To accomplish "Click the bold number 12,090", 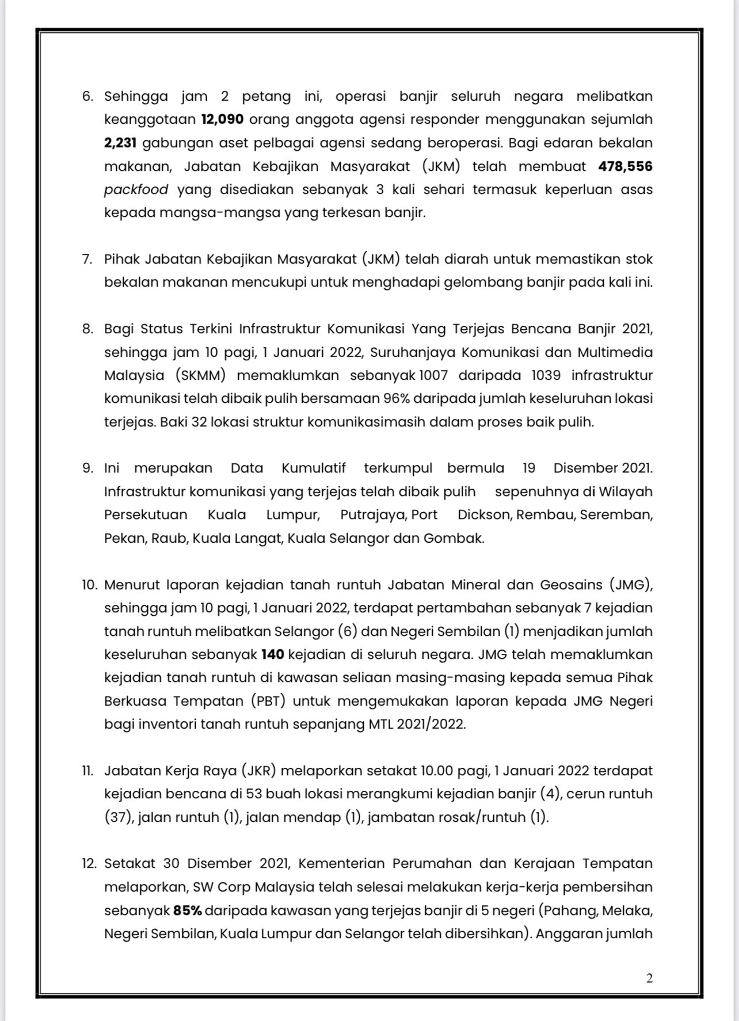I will point(222,120).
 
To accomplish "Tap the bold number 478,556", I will point(625,166).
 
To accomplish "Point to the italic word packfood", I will point(136,189).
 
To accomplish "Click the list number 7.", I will point(86,259).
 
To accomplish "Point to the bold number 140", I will point(272,654).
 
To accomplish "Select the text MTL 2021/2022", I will point(416,724).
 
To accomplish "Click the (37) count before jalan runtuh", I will point(117,817).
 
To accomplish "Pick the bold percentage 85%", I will point(186,910).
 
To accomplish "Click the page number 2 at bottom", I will point(649,978).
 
